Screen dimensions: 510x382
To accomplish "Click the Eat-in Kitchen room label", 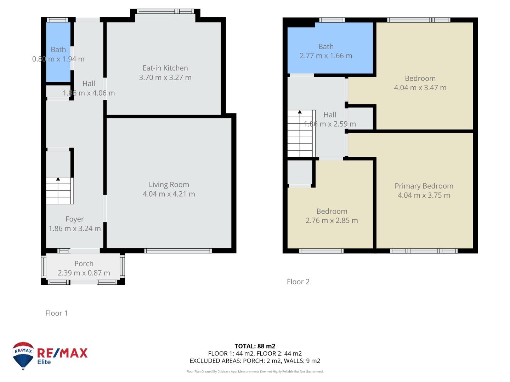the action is pos(165,68).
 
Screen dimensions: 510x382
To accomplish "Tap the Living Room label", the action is pos(169,184).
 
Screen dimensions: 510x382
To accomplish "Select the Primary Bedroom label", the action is pos(424,186).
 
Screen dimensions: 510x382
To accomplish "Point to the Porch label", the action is pos(84,264).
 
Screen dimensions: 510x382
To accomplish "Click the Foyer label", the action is pos(75,219).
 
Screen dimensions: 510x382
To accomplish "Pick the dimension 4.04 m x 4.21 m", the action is pos(169,194).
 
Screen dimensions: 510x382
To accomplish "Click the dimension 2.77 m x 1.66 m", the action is pos(326,56).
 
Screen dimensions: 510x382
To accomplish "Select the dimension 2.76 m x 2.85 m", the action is pos(331,220).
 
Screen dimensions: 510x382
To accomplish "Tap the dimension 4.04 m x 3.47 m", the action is pos(420,88).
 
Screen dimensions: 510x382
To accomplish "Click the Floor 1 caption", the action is pos(56,313).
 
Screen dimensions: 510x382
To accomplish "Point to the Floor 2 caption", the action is pos(298,282).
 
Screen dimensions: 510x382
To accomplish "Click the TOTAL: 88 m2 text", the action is pos(255,346).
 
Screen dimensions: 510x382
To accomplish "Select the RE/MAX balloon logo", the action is pos(23,355).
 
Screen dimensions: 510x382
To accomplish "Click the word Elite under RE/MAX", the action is pos(44,362).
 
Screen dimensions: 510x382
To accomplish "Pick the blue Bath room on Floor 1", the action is pos(58,52).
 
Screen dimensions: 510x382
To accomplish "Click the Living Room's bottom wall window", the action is pos(178,251).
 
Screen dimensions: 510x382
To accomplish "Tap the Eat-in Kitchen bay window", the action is pos(165,11).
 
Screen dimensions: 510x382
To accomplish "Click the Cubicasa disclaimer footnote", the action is pos(255,371).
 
